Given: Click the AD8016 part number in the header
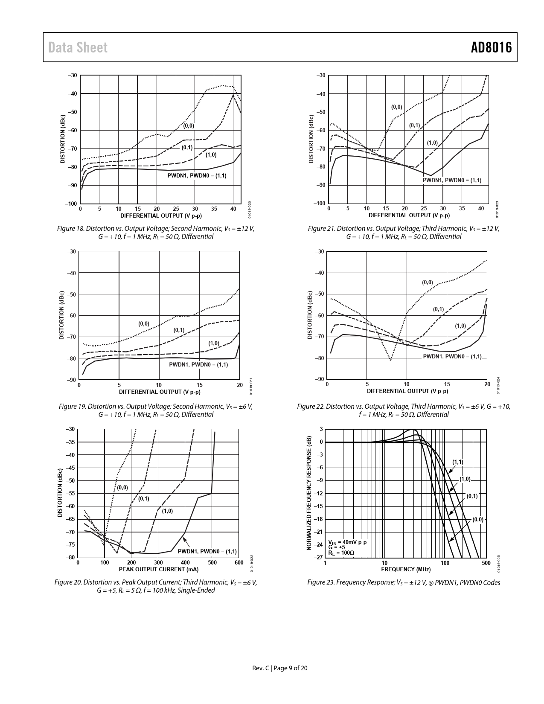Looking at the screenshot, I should tap(491, 47).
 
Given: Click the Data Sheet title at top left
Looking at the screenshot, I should tap(78, 48).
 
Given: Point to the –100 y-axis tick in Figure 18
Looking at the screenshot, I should tap(71, 204).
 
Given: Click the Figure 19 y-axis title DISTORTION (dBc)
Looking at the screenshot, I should tap(61, 315).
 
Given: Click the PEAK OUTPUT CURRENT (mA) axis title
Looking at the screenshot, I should tap(158, 569).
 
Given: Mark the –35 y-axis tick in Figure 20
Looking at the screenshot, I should tap(71, 442).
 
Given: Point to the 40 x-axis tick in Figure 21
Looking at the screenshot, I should tap(481, 209).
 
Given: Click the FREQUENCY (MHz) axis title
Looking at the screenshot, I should tap(405, 569).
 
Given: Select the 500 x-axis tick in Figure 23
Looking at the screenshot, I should tap(486, 563).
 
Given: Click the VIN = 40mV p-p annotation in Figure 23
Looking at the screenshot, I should tap(347, 542).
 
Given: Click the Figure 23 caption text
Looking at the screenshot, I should tap(403, 582).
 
